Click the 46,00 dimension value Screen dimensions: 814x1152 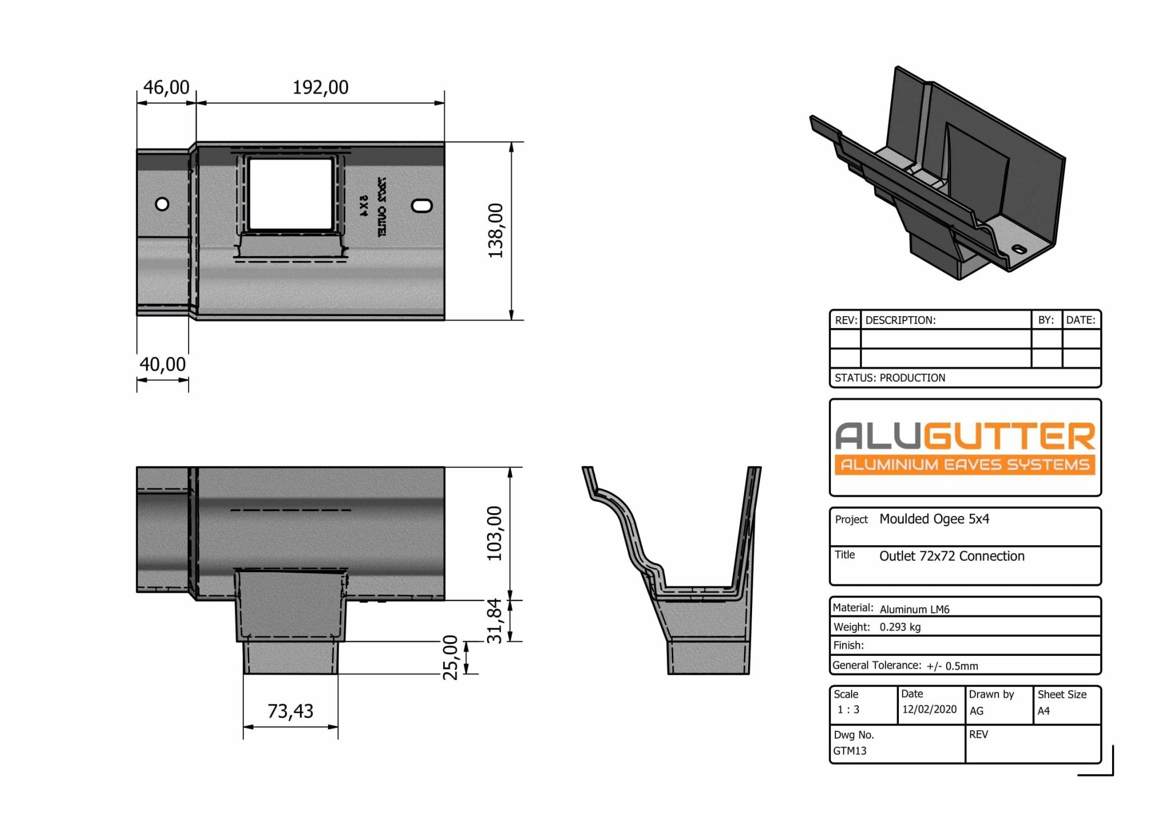tap(166, 87)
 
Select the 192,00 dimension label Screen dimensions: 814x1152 tap(320, 87)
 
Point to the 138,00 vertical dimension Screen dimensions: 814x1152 tap(496, 231)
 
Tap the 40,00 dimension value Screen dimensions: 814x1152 tap(162, 365)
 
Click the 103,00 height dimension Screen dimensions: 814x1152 tap(494, 533)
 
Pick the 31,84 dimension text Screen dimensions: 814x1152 tap(494, 620)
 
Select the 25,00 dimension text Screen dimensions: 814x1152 tap(451, 658)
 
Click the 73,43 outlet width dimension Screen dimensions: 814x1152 tap(290, 711)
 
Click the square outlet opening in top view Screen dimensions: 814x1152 tap(290, 194)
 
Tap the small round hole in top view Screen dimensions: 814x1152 tap(162, 204)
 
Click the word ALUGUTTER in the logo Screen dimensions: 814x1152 tap(965, 437)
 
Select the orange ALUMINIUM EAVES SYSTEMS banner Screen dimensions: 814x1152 tap(965, 465)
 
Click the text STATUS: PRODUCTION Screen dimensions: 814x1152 tap(890, 378)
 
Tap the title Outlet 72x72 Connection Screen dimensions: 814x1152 tap(952, 556)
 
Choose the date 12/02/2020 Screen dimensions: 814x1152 tap(929, 709)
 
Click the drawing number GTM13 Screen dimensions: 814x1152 tap(850, 751)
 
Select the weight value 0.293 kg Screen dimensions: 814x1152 tap(900, 627)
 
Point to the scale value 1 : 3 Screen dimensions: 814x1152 tap(848, 710)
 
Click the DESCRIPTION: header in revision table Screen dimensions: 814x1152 tap(900, 321)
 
